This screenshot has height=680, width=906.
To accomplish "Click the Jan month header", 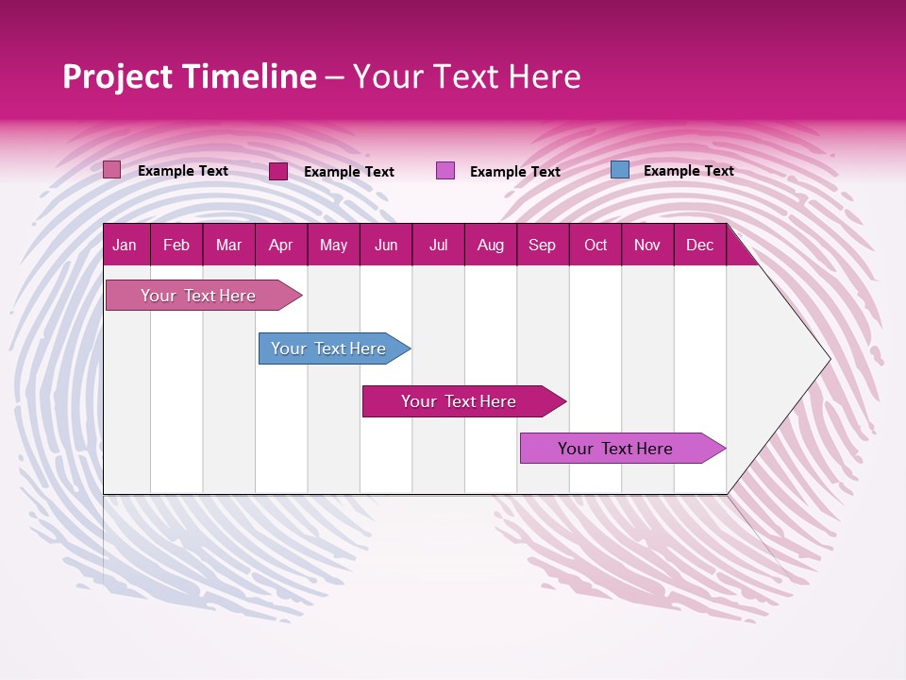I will (125, 245).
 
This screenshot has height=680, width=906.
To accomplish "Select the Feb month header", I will (176, 245).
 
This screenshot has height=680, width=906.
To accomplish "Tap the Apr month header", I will (280, 245).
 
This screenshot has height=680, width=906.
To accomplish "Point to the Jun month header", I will (386, 245).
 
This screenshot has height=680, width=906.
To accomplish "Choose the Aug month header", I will (490, 245).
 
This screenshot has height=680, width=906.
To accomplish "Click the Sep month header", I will (542, 245).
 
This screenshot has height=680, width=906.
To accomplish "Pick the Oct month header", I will (595, 245).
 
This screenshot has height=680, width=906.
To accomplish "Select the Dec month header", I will (699, 245).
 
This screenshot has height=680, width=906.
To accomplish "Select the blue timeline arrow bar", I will (330, 348).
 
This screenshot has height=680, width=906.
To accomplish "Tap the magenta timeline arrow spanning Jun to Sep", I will (460, 401).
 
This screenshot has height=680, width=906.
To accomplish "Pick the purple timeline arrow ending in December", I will (617, 449).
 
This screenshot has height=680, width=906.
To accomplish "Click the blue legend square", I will (619, 170).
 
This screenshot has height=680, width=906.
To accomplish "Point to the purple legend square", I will (445, 171).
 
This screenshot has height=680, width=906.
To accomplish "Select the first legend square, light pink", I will (112, 170).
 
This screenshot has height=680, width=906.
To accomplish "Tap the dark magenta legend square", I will (278, 171).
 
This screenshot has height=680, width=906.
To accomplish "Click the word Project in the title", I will (117, 76).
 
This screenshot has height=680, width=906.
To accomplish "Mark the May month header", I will (333, 245).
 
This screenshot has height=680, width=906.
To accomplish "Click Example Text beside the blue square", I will (688, 171).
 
